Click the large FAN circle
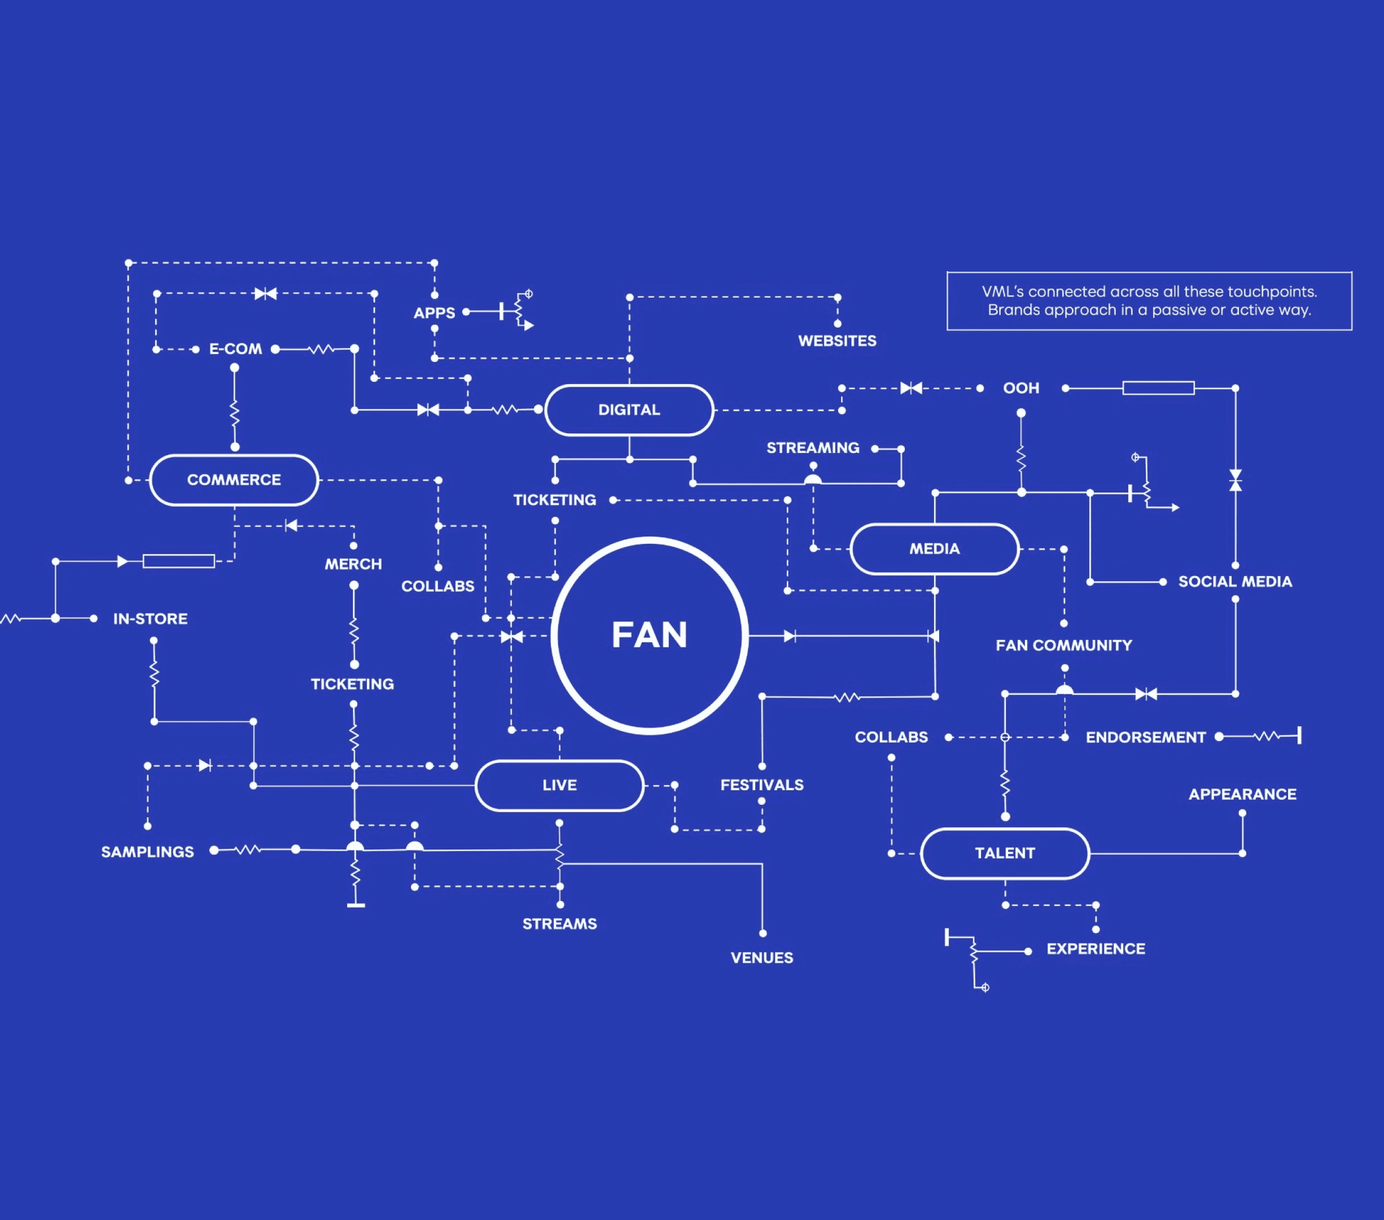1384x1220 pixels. click(x=649, y=635)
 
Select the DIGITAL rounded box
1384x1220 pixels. click(x=629, y=410)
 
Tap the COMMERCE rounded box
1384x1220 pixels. click(x=234, y=480)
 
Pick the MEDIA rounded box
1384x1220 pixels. click(x=934, y=548)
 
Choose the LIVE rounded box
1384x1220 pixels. click(x=559, y=785)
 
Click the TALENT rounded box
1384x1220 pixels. click(x=1005, y=853)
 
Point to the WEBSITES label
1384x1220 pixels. click(x=837, y=341)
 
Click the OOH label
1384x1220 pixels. click(x=1021, y=388)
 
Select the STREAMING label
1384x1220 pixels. click(x=813, y=448)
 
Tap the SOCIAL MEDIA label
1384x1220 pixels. click(x=1235, y=581)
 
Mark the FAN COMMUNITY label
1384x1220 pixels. click(x=1064, y=646)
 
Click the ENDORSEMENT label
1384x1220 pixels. click(x=1146, y=737)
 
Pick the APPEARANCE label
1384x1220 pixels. click(x=1242, y=794)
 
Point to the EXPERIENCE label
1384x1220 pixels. click(x=1096, y=948)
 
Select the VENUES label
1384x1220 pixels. click(x=762, y=958)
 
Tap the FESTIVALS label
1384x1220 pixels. click(x=762, y=785)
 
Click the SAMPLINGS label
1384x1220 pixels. click(x=148, y=852)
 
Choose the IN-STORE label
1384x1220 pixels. click(x=150, y=618)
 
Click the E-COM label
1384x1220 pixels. click(x=235, y=349)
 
